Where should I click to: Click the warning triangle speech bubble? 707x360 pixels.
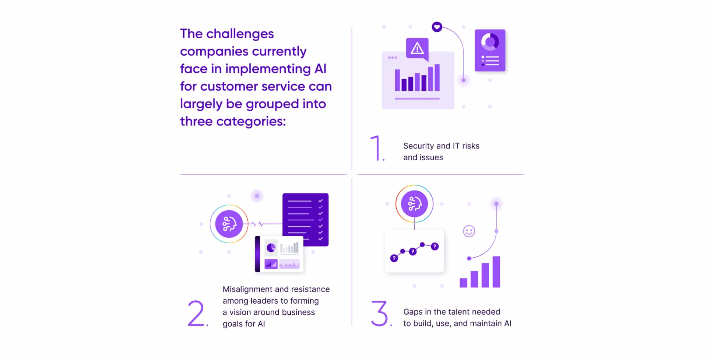click(417, 48)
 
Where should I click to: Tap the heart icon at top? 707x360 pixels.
click(437, 27)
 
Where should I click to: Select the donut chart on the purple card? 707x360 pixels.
click(490, 42)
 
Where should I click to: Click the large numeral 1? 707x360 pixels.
click(376, 148)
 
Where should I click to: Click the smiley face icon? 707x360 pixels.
click(469, 231)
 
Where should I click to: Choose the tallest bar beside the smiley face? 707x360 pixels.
click(496, 272)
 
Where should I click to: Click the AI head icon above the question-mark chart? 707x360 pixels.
click(414, 204)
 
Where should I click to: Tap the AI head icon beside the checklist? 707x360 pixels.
click(229, 224)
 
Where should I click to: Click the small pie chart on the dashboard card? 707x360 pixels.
click(271, 248)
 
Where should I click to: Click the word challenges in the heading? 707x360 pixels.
click(240, 34)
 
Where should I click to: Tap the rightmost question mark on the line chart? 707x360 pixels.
click(435, 246)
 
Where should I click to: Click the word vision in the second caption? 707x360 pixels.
click(240, 312)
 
